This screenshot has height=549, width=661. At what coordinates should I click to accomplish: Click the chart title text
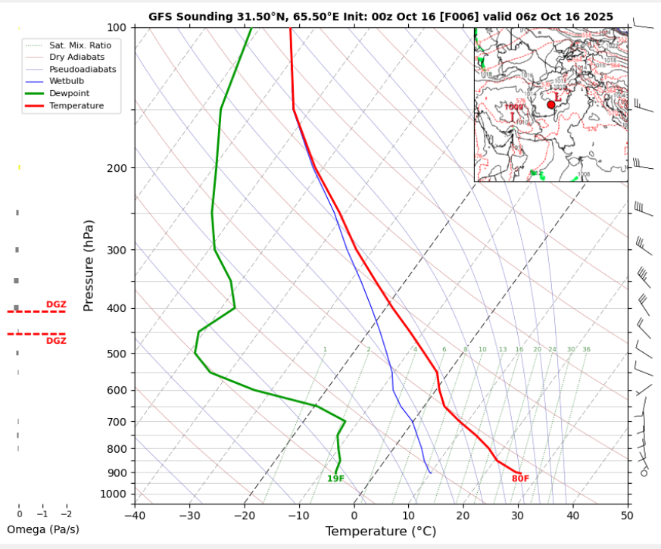[381, 16]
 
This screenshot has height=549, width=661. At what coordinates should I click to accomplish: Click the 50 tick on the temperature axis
[627, 515]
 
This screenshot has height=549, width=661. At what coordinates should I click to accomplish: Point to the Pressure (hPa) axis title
[89, 266]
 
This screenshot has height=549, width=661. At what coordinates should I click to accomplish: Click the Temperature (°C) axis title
[381, 532]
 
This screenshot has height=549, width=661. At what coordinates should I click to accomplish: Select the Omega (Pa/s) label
[42, 529]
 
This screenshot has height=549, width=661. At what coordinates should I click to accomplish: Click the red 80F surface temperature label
[520, 479]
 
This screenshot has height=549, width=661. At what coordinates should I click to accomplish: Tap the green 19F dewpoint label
[335, 479]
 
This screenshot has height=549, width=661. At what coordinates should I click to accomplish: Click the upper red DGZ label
[56, 304]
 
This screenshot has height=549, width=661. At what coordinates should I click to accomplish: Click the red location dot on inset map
[550, 105]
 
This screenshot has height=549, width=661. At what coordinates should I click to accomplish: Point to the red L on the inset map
[558, 97]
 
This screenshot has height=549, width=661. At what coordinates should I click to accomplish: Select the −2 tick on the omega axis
[66, 514]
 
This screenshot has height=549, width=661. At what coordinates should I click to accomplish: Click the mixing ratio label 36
[587, 349]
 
